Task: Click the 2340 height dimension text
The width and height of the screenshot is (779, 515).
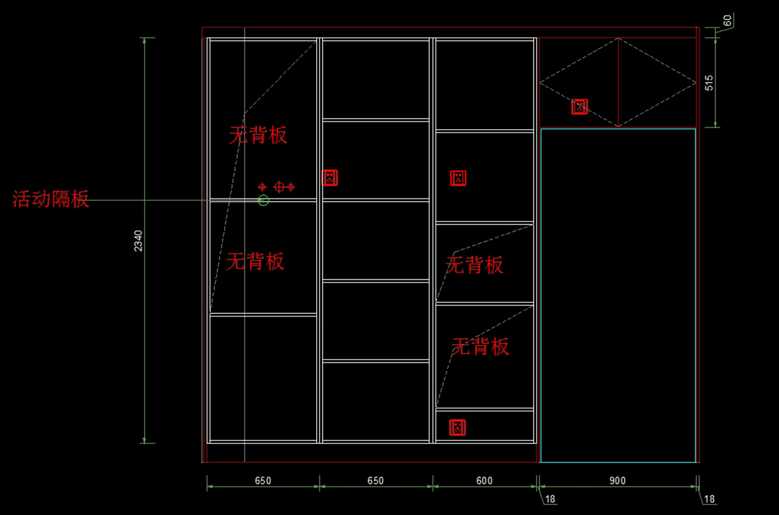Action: [x=138, y=241]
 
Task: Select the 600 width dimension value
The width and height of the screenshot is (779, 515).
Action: [x=484, y=481]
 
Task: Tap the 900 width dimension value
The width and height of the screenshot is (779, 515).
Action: [x=618, y=481]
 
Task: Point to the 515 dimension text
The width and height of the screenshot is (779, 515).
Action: [x=709, y=82]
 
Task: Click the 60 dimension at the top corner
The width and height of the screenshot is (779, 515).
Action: [x=728, y=21]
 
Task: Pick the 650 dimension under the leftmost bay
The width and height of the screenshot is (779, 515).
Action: [x=263, y=481]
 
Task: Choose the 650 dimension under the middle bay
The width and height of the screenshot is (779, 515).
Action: [x=375, y=481]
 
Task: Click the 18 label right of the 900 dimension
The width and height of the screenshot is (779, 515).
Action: [x=709, y=499]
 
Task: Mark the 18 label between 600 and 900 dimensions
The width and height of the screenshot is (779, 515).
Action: [x=550, y=499]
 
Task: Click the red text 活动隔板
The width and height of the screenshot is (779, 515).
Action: [x=51, y=199]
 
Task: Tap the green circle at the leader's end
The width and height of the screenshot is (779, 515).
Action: [x=263, y=200]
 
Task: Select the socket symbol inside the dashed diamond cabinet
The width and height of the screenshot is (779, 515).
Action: [x=579, y=107]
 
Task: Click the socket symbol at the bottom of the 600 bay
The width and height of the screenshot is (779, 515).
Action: [x=458, y=427]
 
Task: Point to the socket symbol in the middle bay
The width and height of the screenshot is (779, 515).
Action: [x=330, y=177]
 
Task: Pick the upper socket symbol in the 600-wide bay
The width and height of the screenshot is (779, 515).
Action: [x=458, y=177]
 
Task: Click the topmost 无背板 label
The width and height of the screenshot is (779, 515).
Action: [x=258, y=135]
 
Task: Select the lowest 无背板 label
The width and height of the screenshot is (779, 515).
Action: [x=480, y=346]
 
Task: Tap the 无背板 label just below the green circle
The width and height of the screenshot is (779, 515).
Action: [x=255, y=261]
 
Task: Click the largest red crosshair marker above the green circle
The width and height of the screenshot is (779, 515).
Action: [x=280, y=187]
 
